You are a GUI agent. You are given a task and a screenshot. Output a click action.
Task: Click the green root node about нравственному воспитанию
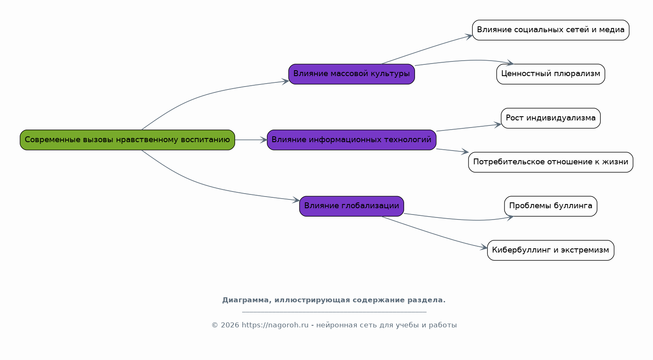pos(128,140)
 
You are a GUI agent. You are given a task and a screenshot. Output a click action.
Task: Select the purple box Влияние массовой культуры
pos(351,74)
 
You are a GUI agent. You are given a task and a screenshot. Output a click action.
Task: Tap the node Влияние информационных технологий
pos(351,140)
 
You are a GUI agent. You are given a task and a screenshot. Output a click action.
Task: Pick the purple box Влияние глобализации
pos(351,206)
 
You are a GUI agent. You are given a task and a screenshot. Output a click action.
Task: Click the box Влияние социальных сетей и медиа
pos(551,30)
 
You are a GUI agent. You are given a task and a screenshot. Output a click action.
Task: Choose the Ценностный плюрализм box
pos(551,74)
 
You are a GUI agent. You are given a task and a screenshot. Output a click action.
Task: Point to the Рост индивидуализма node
pos(551,118)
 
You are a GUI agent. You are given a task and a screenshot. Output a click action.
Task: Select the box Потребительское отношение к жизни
pos(551,162)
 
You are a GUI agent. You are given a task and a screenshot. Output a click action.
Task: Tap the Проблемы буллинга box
pos(551,206)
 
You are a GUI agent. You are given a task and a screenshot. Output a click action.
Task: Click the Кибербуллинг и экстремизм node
pos(551,250)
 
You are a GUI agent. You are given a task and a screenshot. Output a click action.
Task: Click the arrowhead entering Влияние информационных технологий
pos(264,140)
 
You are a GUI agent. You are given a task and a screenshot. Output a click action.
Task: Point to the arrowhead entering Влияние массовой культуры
pos(285,81)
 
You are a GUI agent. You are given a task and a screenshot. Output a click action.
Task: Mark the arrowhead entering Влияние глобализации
pos(296,200)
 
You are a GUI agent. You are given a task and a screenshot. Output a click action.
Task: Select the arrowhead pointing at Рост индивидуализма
pos(498,125)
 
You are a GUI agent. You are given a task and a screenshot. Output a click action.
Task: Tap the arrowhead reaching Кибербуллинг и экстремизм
pos(484,248)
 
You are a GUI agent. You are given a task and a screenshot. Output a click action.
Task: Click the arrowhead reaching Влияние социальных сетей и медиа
pos(469,36)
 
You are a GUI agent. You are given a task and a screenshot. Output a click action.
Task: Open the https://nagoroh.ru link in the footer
pos(275,325)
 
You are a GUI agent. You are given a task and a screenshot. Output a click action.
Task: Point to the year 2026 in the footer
pos(230,325)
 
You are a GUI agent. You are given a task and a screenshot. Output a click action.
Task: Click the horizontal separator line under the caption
pos(334,312)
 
